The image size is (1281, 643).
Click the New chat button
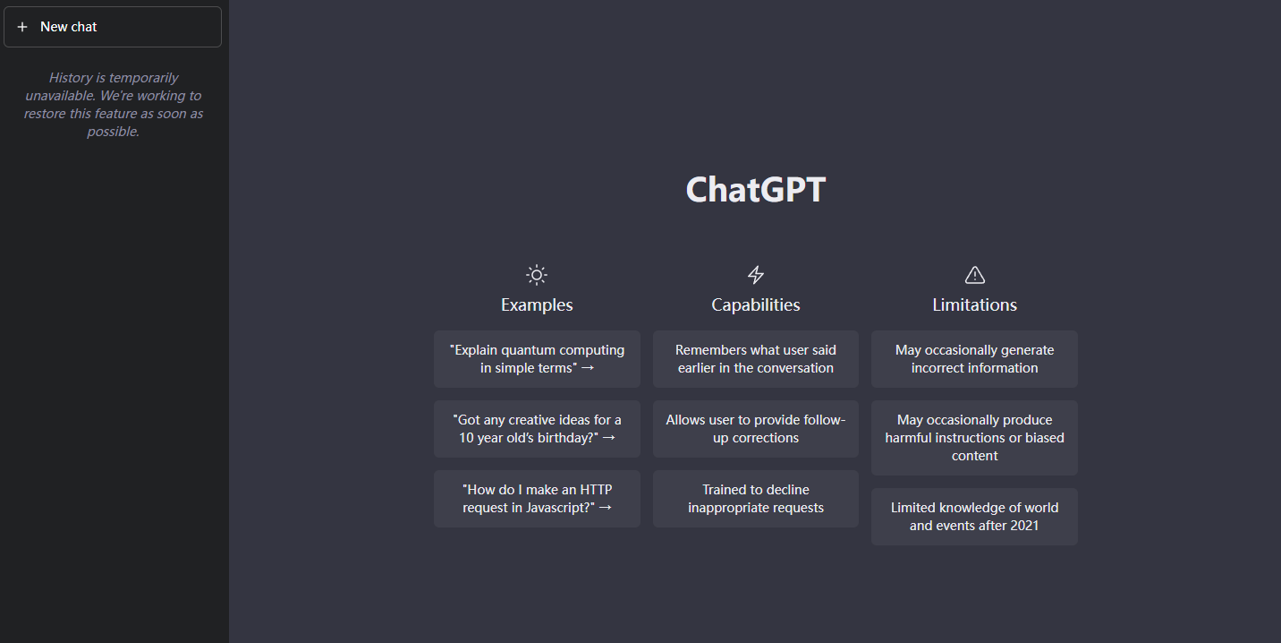113,27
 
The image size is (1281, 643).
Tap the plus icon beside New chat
22,27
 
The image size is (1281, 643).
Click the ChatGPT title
755,190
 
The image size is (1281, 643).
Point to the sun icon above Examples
537,275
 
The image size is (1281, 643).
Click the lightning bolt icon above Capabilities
756,275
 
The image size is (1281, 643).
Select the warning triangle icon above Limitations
975,275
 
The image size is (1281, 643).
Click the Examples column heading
537,305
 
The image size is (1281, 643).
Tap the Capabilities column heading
756,305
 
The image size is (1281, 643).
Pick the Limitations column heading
975,305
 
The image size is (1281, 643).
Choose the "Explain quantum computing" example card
537,359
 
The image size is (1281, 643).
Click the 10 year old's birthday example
537,429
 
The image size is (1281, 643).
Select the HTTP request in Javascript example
537,499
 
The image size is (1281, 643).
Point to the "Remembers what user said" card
756,359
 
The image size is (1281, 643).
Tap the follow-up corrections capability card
756,429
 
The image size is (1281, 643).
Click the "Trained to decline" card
756,499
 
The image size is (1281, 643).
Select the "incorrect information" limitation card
975,359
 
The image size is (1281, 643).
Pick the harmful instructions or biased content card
975,438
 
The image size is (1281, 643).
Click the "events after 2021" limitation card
975,517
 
